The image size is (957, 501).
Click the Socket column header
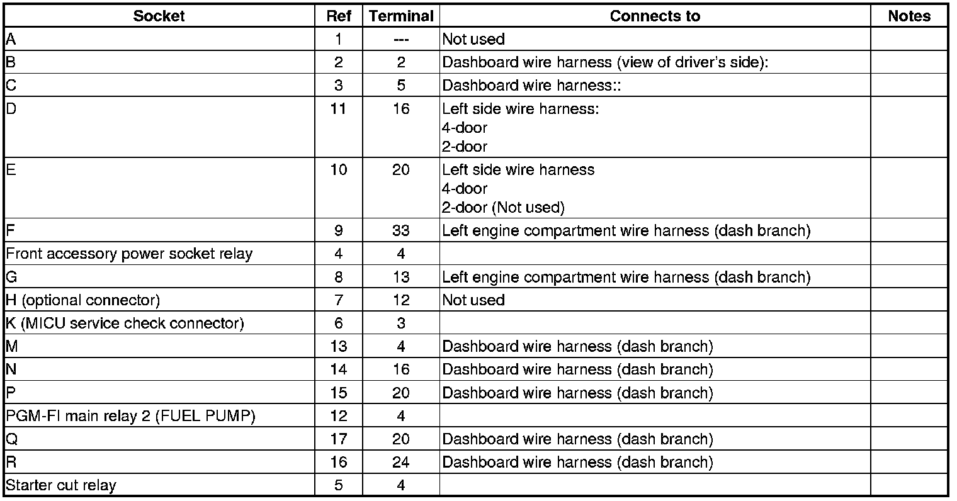(x=159, y=16)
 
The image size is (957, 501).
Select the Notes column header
(x=909, y=16)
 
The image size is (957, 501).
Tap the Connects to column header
(x=655, y=16)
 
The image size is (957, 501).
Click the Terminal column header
(x=401, y=16)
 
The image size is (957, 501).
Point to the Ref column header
(x=339, y=16)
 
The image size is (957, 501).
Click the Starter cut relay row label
(x=61, y=485)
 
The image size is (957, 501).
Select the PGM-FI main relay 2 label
(x=130, y=416)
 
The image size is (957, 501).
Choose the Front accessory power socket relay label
(x=129, y=254)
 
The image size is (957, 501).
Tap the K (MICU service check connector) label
(x=125, y=324)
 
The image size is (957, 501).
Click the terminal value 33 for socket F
(x=401, y=231)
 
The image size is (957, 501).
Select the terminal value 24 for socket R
(x=401, y=463)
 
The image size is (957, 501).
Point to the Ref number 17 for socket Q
(x=339, y=439)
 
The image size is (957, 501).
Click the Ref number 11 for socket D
(x=339, y=109)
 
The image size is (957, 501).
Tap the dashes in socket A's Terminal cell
(x=401, y=40)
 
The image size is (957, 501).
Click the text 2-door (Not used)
(x=503, y=207)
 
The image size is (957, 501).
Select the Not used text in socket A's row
(x=473, y=40)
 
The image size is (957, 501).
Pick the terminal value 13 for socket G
(x=401, y=277)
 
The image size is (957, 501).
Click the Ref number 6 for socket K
(x=339, y=324)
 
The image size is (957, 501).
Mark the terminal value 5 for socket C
(x=401, y=86)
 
